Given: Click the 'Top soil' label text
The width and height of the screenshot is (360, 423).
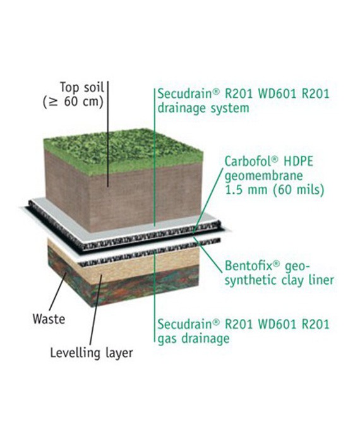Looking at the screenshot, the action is coord(81,87).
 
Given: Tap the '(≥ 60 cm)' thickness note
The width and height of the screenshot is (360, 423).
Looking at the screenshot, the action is coord(73,102).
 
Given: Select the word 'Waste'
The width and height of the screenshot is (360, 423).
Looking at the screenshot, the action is coord(49,319).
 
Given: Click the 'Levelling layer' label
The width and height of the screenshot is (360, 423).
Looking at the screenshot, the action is coord(92,352).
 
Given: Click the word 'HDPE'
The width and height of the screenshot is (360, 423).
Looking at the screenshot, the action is coord(299,162).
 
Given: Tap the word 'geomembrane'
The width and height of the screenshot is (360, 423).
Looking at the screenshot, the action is coord(263,176).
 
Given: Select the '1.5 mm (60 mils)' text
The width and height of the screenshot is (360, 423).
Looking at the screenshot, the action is coord(274,189).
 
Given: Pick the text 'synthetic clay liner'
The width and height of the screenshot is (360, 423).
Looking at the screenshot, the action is coord(279,280).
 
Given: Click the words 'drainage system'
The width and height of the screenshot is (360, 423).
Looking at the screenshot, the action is coord(203,108).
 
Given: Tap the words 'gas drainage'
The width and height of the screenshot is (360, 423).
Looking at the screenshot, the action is coord(193,338).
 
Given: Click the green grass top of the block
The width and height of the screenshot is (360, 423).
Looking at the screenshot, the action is coord(123,150).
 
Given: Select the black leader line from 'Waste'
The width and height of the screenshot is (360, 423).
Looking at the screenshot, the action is coord(57,291).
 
